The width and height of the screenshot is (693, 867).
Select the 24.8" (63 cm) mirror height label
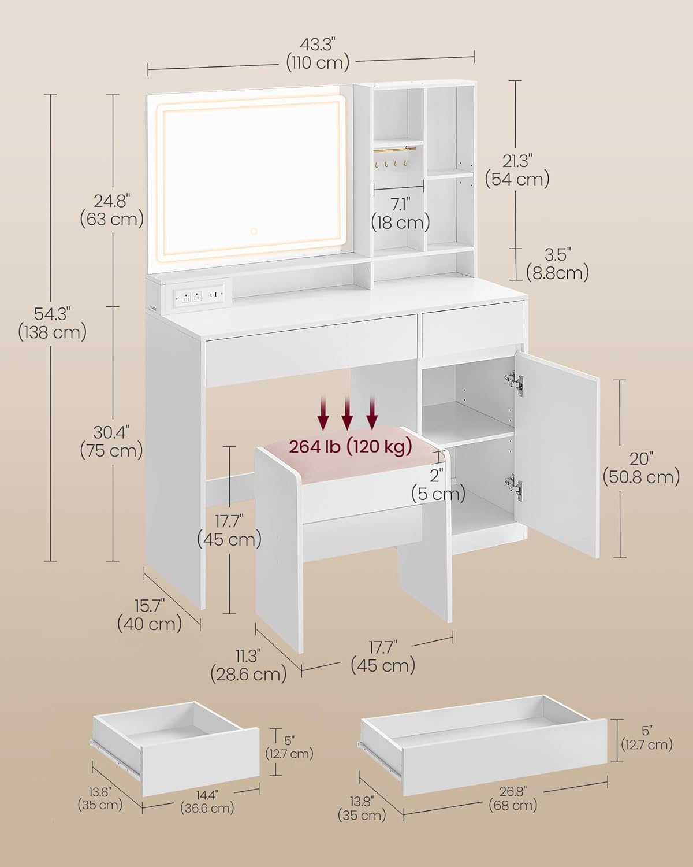(x=113, y=210)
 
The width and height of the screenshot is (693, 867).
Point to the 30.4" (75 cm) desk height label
(x=111, y=442)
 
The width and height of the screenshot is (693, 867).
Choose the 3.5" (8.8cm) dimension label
(x=558, y=264)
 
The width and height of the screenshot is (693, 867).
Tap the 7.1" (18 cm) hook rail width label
(x=400, y=213)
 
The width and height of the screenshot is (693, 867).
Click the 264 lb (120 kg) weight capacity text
(x=351, y=446)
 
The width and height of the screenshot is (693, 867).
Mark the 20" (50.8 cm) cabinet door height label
(x=642, y=468)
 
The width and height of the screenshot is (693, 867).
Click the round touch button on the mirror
(x=254, y=231)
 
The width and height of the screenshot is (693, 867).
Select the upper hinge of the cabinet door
(x=515, y=380)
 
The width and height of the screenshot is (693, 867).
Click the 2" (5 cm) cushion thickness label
(x=438, y=486)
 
